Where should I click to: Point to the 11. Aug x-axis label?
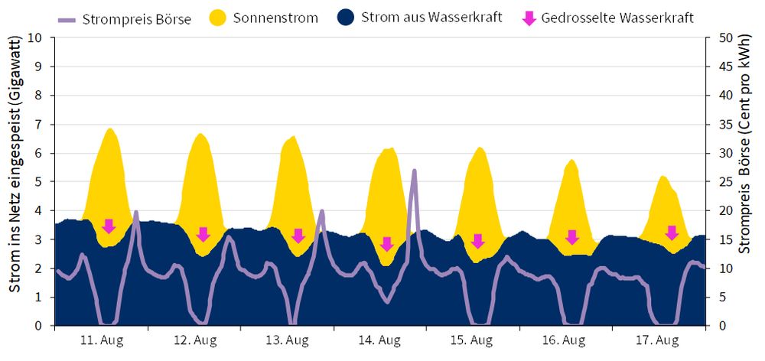coord(102,340)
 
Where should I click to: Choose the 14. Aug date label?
coord(379,340)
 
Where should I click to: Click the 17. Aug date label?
coord(658,340)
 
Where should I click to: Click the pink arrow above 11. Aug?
coord(109,226)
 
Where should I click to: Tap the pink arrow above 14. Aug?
coord(386,244)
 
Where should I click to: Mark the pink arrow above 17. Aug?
coord(672,233)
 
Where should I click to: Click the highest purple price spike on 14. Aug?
coord(414,171)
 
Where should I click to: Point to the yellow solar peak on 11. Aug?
coord(110,129)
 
